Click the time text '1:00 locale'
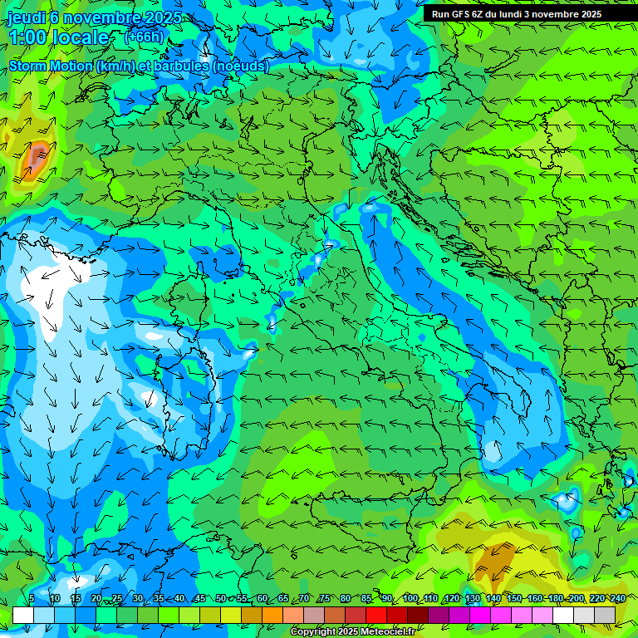coord(59,37)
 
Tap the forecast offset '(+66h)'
coord(144,37)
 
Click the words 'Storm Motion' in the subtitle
coord(51,66)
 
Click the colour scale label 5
coord(32,599)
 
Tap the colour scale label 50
coord(220,599)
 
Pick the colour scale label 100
coord(410,599)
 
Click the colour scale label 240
coord(617,599)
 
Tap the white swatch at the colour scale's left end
coord(23,615)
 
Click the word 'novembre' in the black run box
coord(562,14)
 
